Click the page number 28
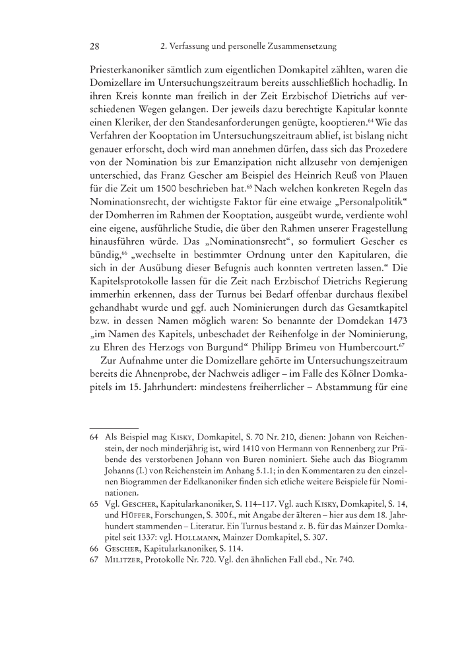[94, 46]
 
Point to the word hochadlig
[338, 86]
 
